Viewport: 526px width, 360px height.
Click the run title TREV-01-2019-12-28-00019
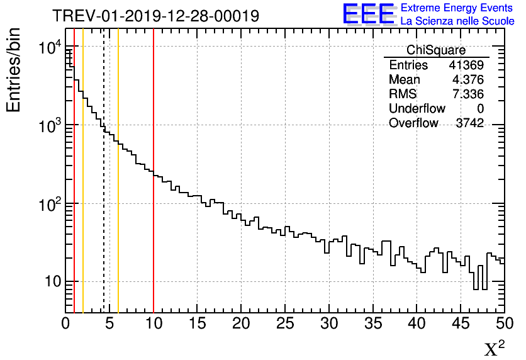coord(155,16)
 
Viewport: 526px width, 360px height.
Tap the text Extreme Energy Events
coord(457,8)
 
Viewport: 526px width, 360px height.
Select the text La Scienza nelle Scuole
coord(457,21)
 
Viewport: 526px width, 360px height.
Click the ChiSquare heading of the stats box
coord(436,50)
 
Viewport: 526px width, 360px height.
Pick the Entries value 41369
coord(466,65)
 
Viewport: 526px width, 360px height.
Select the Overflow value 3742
coord(469,123)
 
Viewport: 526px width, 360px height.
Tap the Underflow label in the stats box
coord(417,109)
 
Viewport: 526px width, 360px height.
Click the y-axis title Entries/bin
coord(13,70)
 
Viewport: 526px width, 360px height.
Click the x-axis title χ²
coord(495,348)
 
